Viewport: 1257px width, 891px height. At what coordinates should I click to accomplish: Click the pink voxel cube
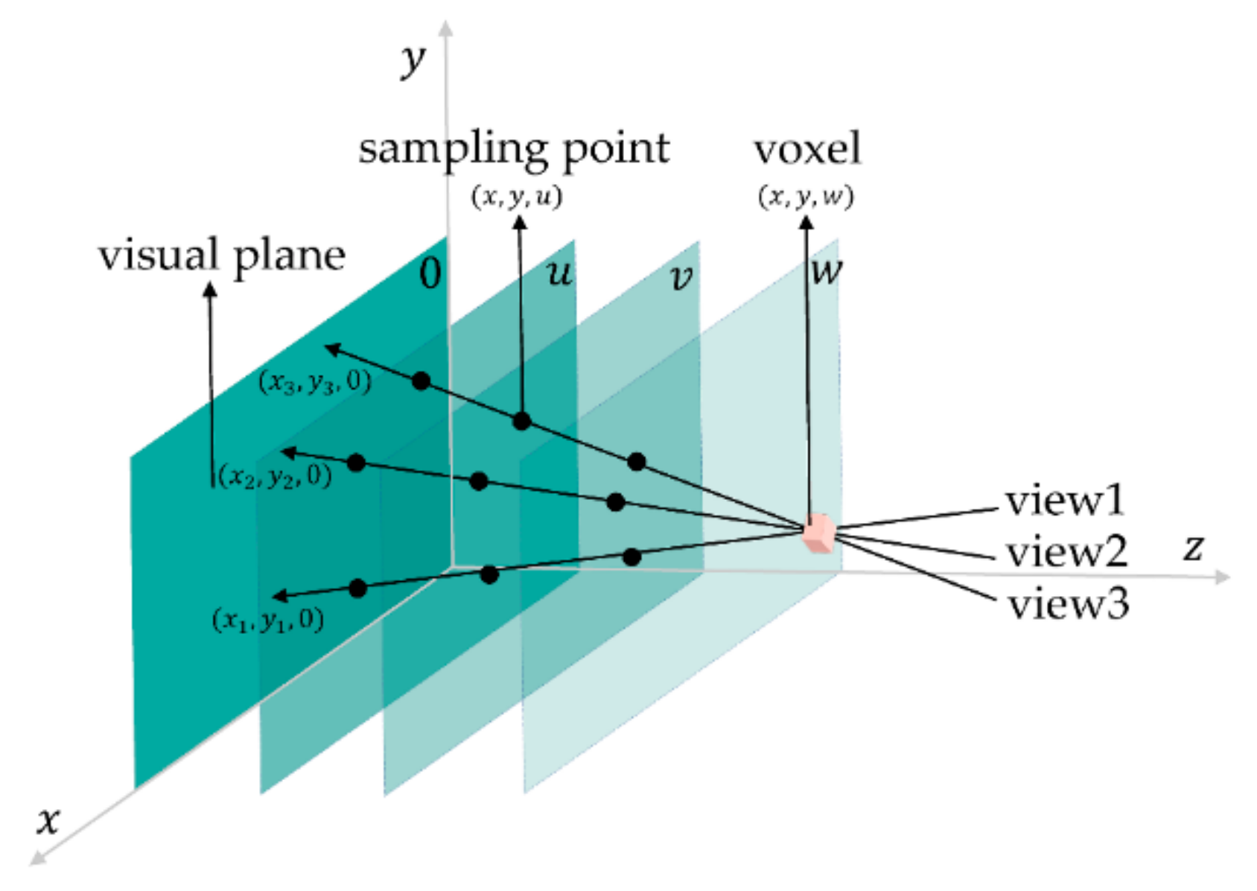[818, 533]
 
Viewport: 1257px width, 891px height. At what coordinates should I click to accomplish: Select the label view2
[1066, 552]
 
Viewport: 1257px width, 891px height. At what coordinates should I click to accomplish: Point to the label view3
[1068, 604]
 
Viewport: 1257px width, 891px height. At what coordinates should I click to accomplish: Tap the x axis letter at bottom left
[48, 820]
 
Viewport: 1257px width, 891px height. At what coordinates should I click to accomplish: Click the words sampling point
[514, 149]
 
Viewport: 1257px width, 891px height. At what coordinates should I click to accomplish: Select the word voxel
[807, 148]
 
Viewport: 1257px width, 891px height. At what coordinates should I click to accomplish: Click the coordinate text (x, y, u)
[516, 197]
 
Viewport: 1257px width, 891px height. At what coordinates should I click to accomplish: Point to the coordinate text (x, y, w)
[806, 197]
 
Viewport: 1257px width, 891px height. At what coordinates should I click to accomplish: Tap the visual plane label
[222, 256]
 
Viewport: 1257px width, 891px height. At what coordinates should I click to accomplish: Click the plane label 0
[430, 273]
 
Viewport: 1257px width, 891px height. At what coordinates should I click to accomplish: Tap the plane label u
[559, 273]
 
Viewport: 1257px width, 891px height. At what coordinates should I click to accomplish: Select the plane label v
[681, 278]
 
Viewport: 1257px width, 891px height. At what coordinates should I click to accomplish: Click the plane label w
[827, 270]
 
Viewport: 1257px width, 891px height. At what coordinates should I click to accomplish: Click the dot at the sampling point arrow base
[522, 421]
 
